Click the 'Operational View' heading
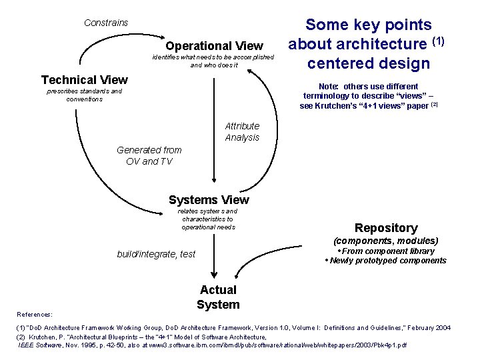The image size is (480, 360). pyautogui.click(x=214, y=46)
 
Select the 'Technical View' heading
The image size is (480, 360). pyautogui.click(x=84, y=80)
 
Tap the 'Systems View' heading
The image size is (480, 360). pyautogui.click(x=209, y=200)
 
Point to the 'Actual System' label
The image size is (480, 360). pyautogui.click(x=218, y=297)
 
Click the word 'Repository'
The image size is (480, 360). pyautogui.click(x=386, y=228)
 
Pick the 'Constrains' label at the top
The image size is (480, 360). pyautogui.click(x=106, y=23)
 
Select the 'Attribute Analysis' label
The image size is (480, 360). pyautogui.click(x=242, y=132)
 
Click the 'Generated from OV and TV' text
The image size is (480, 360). pyautogui.click(x=149, y=155)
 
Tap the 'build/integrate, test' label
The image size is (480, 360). pyautogui.click(x=156, y=253)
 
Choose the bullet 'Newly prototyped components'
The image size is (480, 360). pyautogui.click(x=388, y=261)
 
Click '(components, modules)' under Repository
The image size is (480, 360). pyautogui.click(x=386, y=241)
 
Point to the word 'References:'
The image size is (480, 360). pyautogui.click(x=35, y=314)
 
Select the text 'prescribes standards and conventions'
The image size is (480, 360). pyautogui.click(x=84, y=95)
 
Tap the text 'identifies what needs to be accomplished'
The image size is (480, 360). pyautogui.click(x=213, y=57)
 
